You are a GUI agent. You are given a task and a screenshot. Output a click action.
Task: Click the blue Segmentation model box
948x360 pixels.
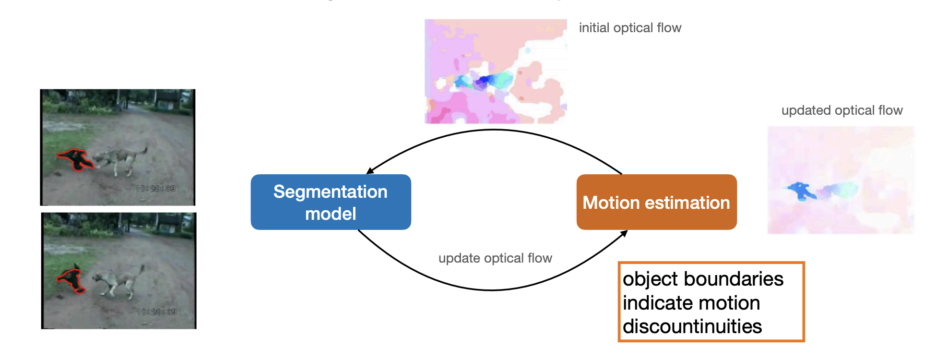pyautogui.click(x=331, y=202)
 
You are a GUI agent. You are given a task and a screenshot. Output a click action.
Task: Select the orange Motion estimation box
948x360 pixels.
pyautogui.click(x=656, y=202)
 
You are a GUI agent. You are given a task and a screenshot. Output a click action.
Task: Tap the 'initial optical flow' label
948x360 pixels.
pyautogui.click(x=630, y=28)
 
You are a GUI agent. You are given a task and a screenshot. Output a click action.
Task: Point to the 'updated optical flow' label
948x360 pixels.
pyautogui.click(x=842, y=110)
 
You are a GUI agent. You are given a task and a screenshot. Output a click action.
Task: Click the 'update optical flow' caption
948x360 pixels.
pyautogui.click(x=495, y=258)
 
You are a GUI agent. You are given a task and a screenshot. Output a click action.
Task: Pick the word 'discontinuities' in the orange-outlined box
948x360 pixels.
pyautogui.click(x=692, y=327)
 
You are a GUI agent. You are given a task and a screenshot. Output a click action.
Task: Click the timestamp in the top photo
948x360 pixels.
pyautogui.click(x=155, y=188)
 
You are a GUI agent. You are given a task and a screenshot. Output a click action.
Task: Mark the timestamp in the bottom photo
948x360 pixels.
pyautogui.click(x=156, y=312)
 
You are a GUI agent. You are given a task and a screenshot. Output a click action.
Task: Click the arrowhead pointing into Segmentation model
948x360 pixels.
pyautogui.click(x=370, y=170)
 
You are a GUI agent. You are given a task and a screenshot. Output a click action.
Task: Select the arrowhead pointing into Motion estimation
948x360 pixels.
pyautogui.click(x=624, y=233)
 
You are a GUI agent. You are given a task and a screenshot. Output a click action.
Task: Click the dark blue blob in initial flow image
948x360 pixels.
pyautogui.click(x=484, y=81)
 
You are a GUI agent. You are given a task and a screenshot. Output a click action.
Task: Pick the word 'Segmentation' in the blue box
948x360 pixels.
pyautogui.click(x=330, y=192)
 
